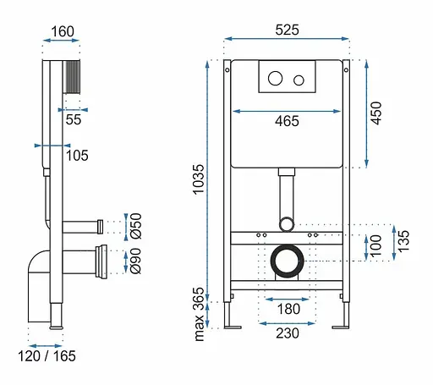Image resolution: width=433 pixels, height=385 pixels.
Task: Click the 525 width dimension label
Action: tap(287, 30)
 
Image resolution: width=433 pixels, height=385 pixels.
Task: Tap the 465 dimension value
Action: tap(287, 121)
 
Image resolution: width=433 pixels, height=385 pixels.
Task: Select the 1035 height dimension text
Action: tap(199, 179)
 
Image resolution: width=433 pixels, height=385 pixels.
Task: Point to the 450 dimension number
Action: tap(375, 113)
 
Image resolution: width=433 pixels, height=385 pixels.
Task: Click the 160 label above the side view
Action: tap(63, 31)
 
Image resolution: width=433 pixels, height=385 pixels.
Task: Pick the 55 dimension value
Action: tap(74, 119)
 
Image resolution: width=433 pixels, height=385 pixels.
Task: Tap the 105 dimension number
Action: tap(77, 156)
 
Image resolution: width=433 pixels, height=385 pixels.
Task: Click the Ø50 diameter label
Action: tap(136, 226)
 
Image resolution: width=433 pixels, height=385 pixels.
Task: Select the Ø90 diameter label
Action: tap(135, 261)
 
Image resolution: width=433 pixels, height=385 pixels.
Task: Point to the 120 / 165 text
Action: tap(47, 356)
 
